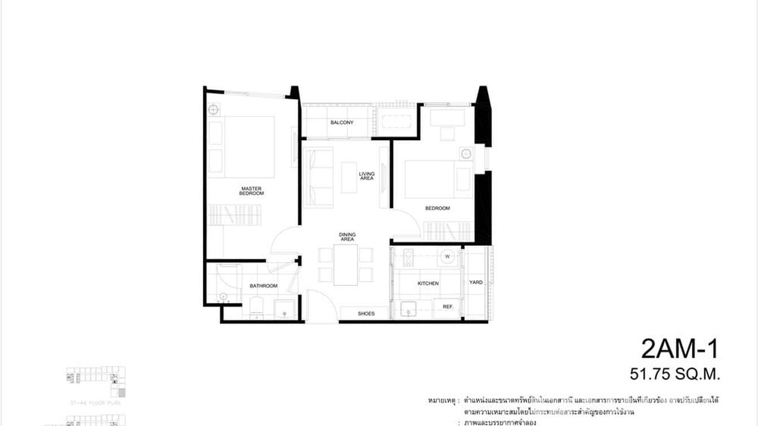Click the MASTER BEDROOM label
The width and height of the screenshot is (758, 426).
[x=252, y=191]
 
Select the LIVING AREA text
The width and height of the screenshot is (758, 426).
[x=367, y=176]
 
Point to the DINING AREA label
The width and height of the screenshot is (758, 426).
[x=347, y=237]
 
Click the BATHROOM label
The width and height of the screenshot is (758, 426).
[x=264, y=286]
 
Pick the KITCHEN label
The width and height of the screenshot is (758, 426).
[x=428, y=284]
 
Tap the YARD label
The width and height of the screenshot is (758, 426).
[x=476, y=282]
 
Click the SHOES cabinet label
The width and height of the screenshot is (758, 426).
[x=366, y=314]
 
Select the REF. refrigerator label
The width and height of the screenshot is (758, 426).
[x=449, y=307]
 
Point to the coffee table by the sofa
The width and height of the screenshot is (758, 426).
[x=349, y=177]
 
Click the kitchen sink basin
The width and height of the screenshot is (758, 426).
[x=408, y=310]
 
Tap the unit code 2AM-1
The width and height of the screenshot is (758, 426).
[x=679, y=349]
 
